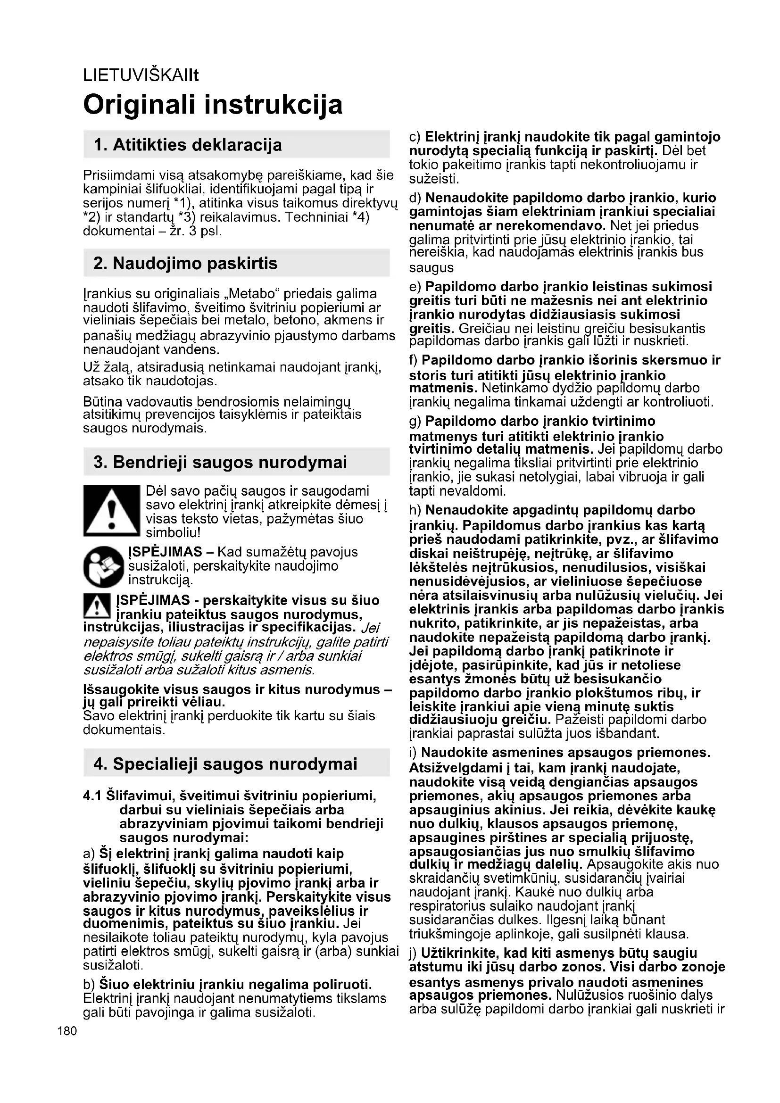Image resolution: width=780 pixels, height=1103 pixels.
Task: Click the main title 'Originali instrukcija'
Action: [x=213, y=104]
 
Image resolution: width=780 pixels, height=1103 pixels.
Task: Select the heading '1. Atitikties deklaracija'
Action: [x=188, y=145]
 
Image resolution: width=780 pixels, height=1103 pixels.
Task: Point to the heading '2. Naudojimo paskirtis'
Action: [x=185, y=263]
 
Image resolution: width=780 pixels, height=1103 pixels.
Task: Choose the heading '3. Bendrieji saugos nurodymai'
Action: [x=220, y=462]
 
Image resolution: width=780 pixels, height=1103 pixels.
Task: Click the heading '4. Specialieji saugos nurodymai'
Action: [x=225, y=764]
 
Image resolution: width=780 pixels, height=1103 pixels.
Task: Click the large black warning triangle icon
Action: [x=111, y=511]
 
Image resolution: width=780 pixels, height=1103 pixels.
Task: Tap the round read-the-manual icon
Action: [x=103, y=567]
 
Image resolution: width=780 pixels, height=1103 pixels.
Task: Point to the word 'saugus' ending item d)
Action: [x=431, y=267]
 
